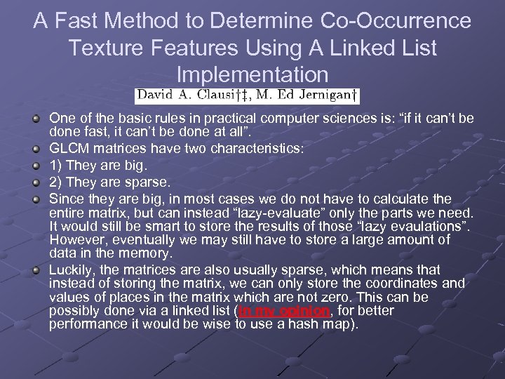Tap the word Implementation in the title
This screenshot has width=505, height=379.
(x=252, y=74)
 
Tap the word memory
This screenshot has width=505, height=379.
(x=148, y=253)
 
